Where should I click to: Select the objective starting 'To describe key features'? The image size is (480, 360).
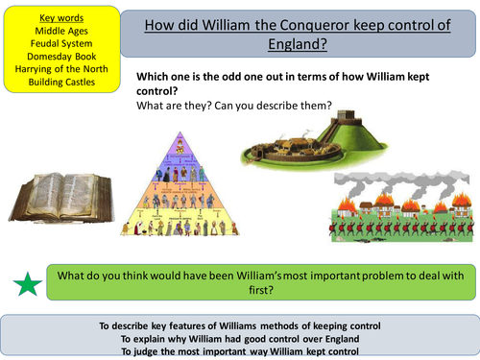(x=240, y=325)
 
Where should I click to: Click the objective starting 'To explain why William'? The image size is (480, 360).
(x=240, y=338)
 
